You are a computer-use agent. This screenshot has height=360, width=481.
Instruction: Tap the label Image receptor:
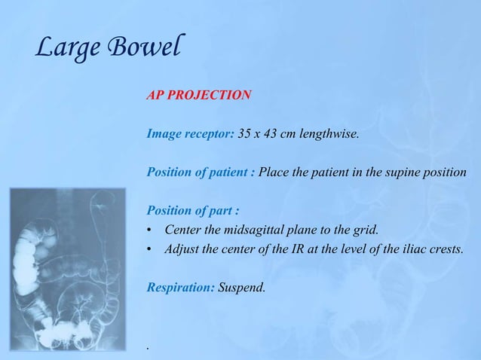click(190, 135)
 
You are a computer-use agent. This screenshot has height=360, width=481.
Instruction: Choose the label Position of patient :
click(200, 173)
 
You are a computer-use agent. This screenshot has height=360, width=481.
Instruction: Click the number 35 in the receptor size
click(246, 135)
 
